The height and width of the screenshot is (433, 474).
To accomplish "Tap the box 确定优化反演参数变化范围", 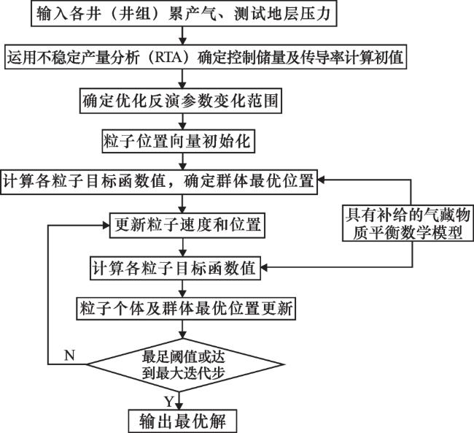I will [178, 99].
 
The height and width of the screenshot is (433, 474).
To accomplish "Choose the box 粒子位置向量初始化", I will [178, 140].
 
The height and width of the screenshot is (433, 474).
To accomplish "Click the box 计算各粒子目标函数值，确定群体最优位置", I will [159, 181].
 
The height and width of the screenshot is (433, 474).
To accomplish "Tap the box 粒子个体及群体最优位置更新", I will [185, 309].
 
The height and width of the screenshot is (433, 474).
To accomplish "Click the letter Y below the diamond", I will [168, 401].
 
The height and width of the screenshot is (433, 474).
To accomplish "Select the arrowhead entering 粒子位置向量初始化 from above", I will [178, 126].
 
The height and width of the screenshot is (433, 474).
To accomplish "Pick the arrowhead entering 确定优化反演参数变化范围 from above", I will [178, 85].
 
